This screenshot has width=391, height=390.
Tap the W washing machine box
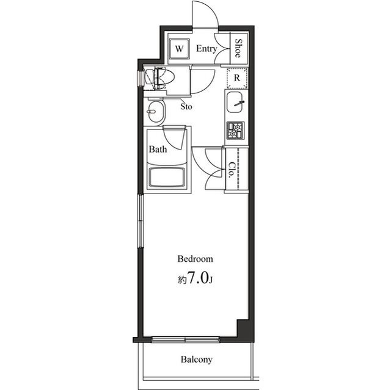(x=180, y=48)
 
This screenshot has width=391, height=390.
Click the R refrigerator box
(x=236, y=78)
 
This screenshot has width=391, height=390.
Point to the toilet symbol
(x=161, y=78)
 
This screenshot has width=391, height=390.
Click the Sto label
(x=187, y=106)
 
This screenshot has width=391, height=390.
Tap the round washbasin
(x=156, y=112)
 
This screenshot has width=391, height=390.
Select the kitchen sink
(x=236, y=105)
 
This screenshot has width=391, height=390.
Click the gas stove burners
(x=236, y=130)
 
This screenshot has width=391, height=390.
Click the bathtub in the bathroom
(x=168, y=178)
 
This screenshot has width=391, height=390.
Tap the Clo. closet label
(x=232, y=169)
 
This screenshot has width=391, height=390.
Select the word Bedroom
(x=195, y=258)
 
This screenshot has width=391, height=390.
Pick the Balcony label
(x=196, y=359)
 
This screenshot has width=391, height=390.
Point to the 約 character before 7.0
(x=181, y=280)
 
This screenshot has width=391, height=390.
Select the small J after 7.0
(x=211, y=281)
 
